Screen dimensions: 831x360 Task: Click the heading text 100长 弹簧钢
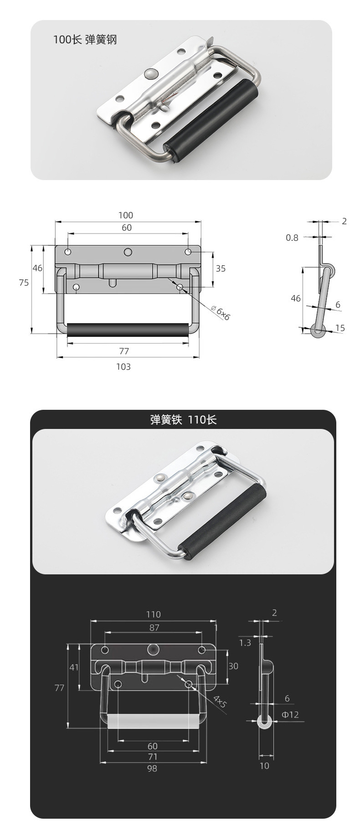tap(85, 40)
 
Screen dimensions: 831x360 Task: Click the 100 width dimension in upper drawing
tap(126, 215)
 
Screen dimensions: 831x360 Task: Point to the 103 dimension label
tap(123, 366)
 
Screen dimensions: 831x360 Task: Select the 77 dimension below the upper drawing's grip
tap(124, 351)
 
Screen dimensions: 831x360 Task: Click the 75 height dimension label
tap(24, 283)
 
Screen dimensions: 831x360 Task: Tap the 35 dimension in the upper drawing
tap(221, 268)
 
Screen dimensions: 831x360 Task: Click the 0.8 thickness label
tap(292, 237)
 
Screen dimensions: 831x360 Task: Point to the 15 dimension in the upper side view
tap(340, 328)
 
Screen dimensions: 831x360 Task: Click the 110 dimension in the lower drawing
tap(154, 614)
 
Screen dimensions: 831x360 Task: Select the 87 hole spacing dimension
tap(154, 628)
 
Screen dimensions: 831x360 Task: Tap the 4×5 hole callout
tap(219, 701)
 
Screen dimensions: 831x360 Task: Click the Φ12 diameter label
tap(290, 714)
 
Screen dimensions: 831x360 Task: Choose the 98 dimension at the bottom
tap(152, 769)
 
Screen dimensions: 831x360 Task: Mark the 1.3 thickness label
tap(245, 643)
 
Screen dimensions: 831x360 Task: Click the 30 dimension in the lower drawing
tap(233, 666)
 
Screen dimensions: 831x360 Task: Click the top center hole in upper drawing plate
tap(128, 252)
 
